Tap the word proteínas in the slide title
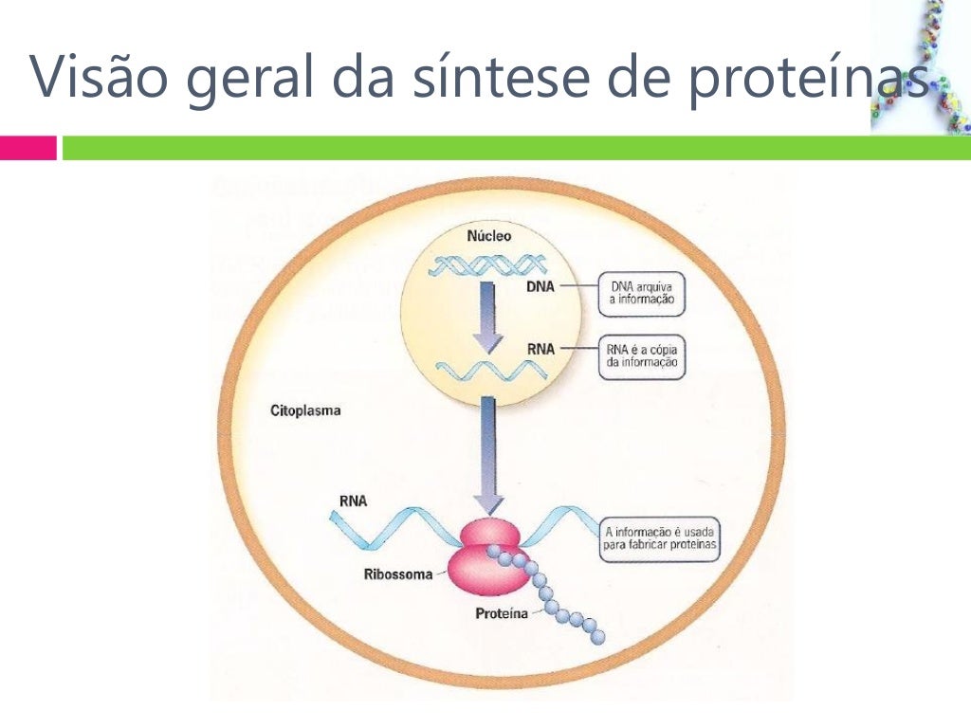point(806,78)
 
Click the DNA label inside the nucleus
point(540,285)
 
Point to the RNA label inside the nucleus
point(540,349)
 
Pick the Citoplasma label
point(305,412)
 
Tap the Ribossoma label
point(398,573)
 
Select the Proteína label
point(502,613)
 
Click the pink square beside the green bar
point(28,148)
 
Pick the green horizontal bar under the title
point(512,148)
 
